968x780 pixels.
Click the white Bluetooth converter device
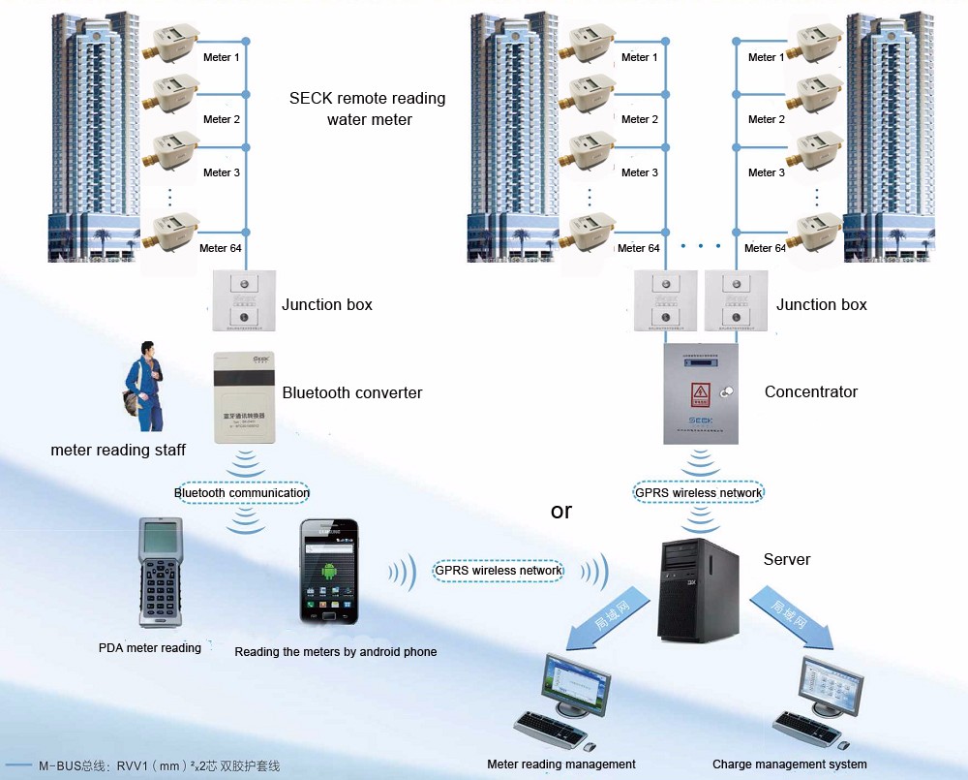[244, 398]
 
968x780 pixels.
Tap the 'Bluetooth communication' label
[242, 492]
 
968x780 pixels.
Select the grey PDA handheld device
[160, 573]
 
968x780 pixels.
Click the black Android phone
[328, 573]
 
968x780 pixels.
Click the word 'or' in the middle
[561, 511]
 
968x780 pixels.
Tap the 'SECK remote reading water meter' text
[368, 109]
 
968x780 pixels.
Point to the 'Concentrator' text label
[811, 391]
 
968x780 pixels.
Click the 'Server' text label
[786, 559]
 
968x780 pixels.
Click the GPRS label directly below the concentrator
[698, 492]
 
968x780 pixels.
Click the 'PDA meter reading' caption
[150, 647]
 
